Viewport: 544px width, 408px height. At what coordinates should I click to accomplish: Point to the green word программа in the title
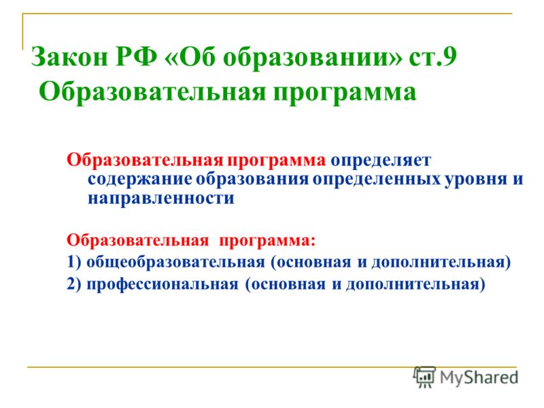point(345,93)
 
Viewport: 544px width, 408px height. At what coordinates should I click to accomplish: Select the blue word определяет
point(381,161)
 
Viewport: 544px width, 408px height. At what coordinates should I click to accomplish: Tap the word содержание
point(140,180)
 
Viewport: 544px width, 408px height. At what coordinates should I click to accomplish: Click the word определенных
point(377,180)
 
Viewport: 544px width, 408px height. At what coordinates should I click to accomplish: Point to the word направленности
point(161,199)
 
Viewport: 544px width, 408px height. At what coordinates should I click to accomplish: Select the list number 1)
point(73,262)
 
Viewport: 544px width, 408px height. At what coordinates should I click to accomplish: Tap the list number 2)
point(73,284)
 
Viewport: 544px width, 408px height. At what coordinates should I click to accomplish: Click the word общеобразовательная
point(175,262)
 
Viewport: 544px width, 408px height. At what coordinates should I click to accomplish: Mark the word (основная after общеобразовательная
point(311,262)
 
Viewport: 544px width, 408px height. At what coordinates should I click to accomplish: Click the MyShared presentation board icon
point(424,377)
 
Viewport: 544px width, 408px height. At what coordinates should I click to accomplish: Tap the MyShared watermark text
point(479,378)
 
